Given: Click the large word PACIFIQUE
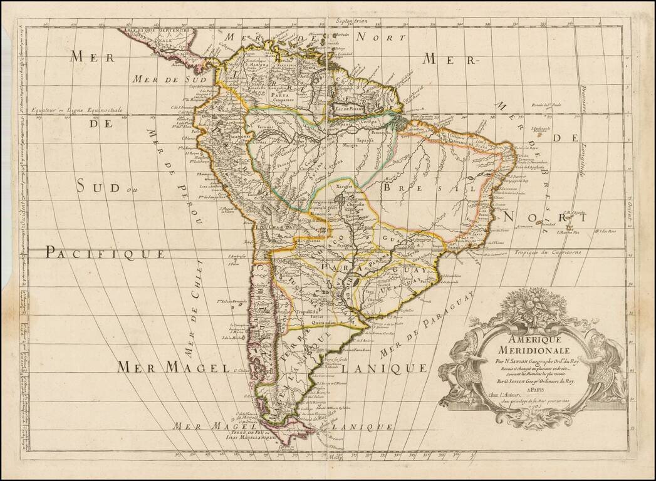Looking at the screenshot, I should pos(105,253).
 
